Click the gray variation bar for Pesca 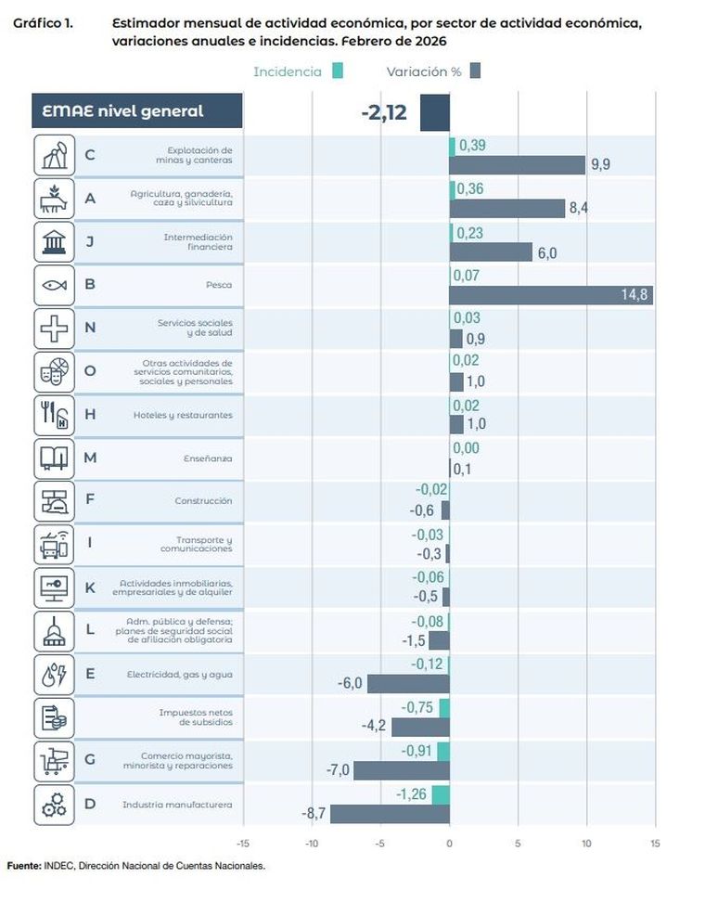pyautogui.click(x=551, y=295)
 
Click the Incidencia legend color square pyautogui.click(x=338, y=71)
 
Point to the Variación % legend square pyautogui.click(x=475, y=71)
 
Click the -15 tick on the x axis pyautogui.click(x=244, y=844)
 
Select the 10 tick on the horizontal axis pyautogui.click(x=586, y=844)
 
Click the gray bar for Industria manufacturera pyautogui.click(x=390, y=814)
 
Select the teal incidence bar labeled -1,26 pyautogui.click(x=441, y=794)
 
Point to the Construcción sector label pyautogui.click(x=203, y=501)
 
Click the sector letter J pyautogui.click(x=90, y=242)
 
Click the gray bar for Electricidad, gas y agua pyautogui.click(x=408, y=684)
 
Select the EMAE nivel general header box pyautogui.click(x=136, y=111)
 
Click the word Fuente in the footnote pyautogui.click(x=23, y=866)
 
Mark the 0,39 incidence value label pyautogui.click(x=472, y=146)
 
